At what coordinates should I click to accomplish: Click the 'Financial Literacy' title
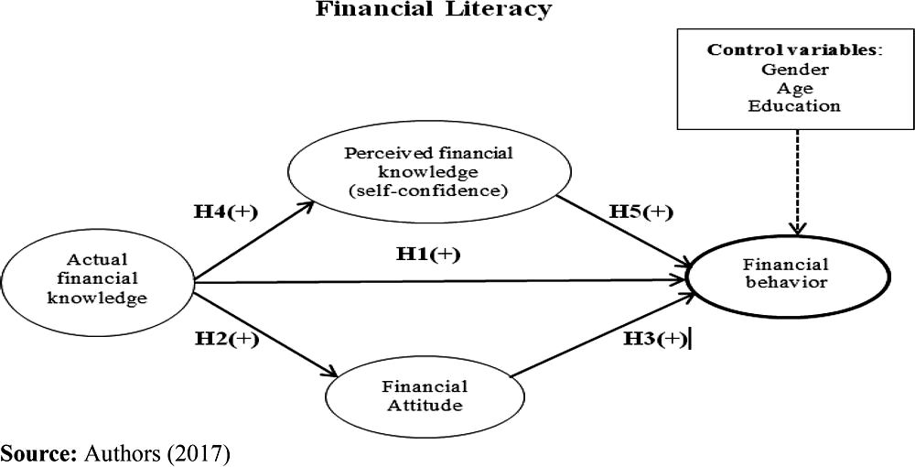click(434, 10)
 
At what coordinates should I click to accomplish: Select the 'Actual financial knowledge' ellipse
click(96, 278)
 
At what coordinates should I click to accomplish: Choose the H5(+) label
click(640, 212)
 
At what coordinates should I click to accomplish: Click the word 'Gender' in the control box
click(794, 70)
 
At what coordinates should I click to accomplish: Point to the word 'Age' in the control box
click(794, 88)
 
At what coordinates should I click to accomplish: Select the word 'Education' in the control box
click(794, 106)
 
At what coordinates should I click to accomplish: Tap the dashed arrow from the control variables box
click(794, 183)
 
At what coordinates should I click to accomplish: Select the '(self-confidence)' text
click(404, 191)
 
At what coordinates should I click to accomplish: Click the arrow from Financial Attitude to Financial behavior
click(599, 336)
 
